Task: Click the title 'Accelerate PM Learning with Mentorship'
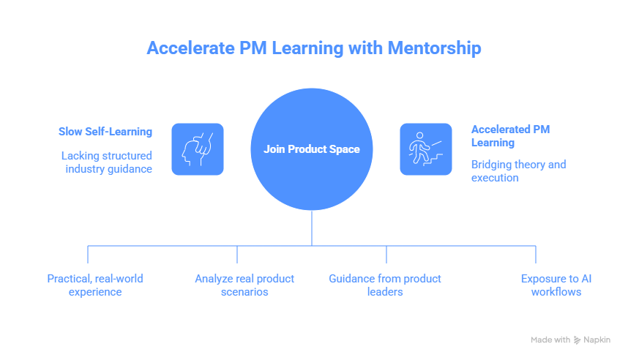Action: (313, 48)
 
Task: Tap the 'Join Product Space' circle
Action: (312, 149)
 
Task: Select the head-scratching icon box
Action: (198, 149)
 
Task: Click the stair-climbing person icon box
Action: (425, 149)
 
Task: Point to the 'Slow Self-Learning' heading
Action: (105, 132)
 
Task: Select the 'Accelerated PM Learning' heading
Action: (510, 135)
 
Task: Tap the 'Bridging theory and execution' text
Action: (518, 170)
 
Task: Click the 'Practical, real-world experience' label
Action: (94, 285)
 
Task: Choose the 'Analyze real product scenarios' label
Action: (244, 285)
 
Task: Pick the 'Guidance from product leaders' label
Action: (385, 285)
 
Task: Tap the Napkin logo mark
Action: (577, 340)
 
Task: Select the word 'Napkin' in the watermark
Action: (596, 340)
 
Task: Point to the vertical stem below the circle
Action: (312, 228)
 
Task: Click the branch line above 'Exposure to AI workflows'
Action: (536, 254)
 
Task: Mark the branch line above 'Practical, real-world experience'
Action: (88, 254)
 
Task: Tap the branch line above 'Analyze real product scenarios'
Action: (237, 254)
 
